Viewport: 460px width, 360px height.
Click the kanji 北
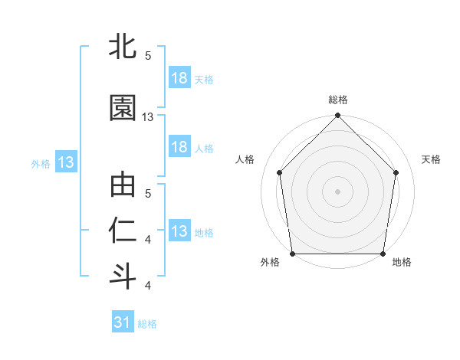[123, 47]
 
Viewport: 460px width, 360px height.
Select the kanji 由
[123, 186]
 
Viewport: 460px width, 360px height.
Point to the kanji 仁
[123, 231]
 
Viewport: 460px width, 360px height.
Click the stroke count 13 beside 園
[149, 117]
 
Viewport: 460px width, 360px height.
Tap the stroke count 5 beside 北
[148, 55]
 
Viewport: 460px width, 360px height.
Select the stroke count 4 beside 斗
[148, 286]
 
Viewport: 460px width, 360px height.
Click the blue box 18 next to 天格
[179, 78]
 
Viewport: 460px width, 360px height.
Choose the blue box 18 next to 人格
[179, 147]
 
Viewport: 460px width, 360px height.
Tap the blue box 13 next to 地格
[179, 231]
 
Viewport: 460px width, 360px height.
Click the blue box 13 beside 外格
[66, 162]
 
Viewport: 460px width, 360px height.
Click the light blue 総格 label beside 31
[147, 324]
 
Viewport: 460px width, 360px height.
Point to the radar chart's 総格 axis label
[338, 100]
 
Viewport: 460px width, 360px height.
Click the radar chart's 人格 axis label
[245, 159]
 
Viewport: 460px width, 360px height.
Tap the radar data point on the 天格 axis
[396, 172]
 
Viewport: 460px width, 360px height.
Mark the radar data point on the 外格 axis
[292, 254]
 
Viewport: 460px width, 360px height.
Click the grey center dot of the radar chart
[338, 191]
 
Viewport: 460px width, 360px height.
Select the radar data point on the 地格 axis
[383, 254]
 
